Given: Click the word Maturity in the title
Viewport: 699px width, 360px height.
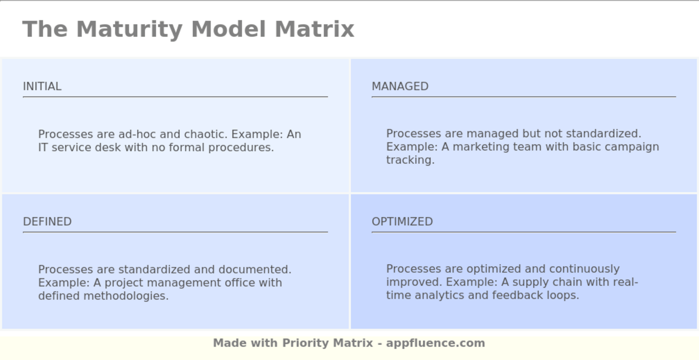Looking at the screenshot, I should tap(129, 29).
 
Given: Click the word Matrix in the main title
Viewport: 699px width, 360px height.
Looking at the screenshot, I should tap(314, 29).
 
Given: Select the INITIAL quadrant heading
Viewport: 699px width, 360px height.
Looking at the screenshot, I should tap(42, 86).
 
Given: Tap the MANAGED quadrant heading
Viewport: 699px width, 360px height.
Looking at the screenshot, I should tap(400, 86).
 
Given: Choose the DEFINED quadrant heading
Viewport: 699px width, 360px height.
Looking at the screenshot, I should tap(47, 222).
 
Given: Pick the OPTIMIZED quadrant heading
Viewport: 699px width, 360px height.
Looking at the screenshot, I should tap(402, 222).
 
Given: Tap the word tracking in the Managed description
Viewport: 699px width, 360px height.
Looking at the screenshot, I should tap(410, 160).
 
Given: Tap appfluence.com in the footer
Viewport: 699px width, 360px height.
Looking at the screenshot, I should tap(435, 343).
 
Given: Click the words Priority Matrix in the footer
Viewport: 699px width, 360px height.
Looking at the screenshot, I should tap(327, 343).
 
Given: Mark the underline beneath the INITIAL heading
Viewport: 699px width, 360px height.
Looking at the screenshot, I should tap(175, 97).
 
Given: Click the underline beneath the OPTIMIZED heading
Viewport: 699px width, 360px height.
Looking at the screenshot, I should tap(523, 232).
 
